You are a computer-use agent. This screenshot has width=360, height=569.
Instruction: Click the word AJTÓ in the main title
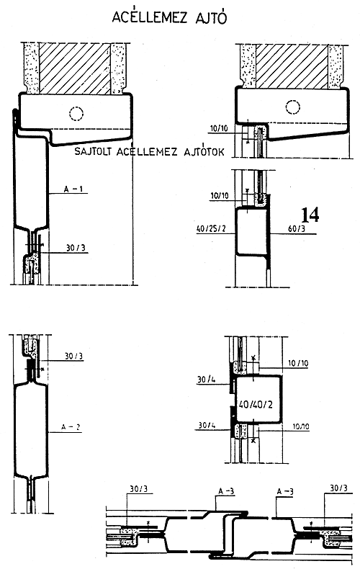[x=208, y=17]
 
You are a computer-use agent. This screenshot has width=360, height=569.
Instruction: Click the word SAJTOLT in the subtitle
[x=95, y=151]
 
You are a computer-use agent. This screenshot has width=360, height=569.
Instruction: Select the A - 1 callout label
[x=73, y=189]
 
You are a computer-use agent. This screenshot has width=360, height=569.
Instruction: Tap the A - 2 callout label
[x=71, y=427]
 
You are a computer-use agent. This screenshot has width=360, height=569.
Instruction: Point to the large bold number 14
[x=310, y=215]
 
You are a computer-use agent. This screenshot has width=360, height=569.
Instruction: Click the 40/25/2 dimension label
[x=211, y=229]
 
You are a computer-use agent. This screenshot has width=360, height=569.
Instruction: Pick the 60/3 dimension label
[x=296, y=229]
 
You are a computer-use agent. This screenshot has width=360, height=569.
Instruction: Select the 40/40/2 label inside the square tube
[x=256, y=403]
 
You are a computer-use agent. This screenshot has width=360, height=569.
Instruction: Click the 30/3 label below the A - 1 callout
[x=76, y=248]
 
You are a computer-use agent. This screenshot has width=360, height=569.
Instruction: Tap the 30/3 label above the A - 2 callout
[x=73, y=356]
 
